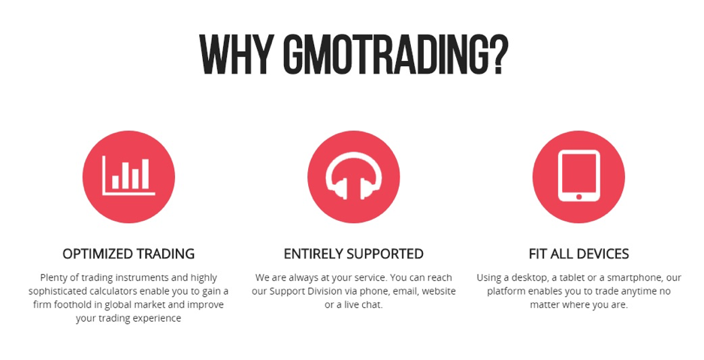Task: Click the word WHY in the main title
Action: (236, 55)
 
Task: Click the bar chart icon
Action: (129, 176)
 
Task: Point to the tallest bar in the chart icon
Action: (145, 174)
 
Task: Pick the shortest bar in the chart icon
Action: (116, 182)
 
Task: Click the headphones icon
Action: (353, 176)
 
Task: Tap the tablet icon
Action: (579, 176)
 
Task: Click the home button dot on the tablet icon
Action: (579, 197)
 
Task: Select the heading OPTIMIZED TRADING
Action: (128, 253)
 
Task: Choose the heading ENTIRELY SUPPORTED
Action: (353, 253)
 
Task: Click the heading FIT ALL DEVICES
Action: (579, 253)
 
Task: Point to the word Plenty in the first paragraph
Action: (53, 278)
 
